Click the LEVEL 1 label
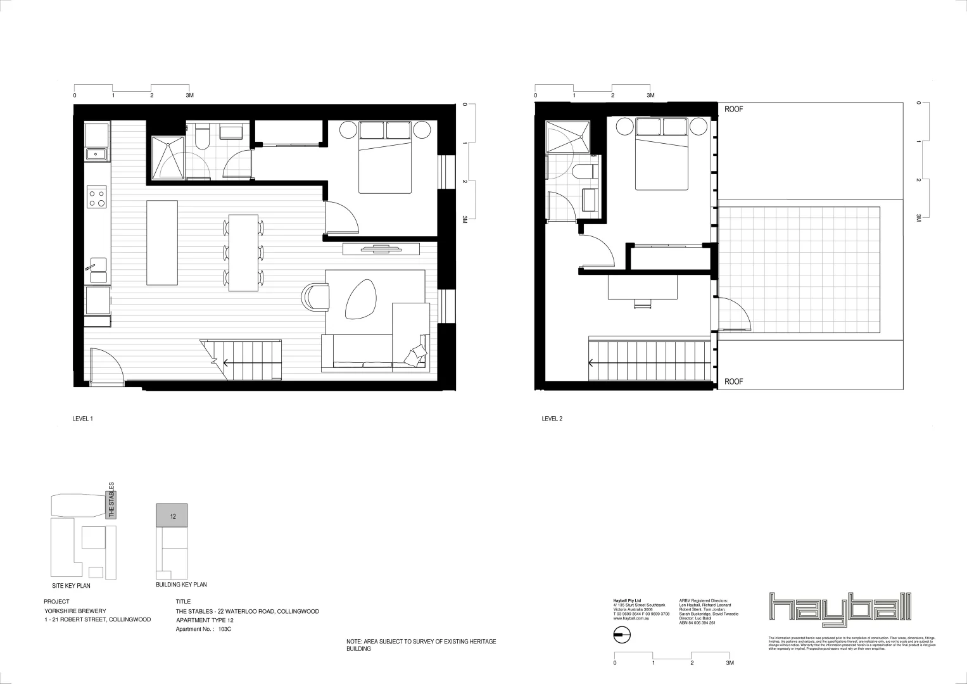pyautogui.click(x=83, y=419)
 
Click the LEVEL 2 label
pyautogui.click(x=552, y=419)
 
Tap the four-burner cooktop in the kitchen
pyautogui.click(x=97, y=198)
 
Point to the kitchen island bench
pyautogui.click(x=163, y=243)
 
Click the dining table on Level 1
pyautogui.click(x=243, y=252)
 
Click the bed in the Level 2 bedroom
pyautogui.click(x=662, y=154)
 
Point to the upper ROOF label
pyautogui.click(x=733, y=110)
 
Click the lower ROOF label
pyautogui.click(x=733, y=382)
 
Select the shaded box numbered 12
pyautogui.click(x=172, y=516)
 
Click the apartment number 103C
pyautogui.click(x=225, y=630)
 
